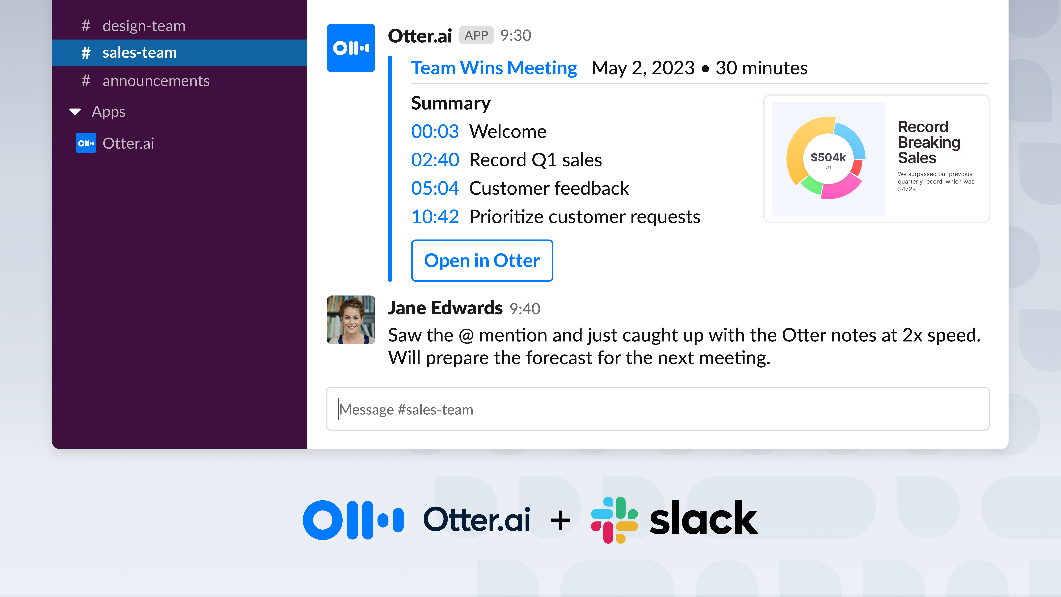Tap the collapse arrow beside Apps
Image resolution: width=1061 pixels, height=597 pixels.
[75, 112]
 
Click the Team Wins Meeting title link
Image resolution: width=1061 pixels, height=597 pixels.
[494, 68]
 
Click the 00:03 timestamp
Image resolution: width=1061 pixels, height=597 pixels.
[434, 131]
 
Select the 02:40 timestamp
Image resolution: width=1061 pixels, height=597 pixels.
[434, 160]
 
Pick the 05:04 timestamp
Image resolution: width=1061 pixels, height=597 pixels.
[434, 188]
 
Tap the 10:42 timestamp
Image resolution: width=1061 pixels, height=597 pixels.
[434, 217]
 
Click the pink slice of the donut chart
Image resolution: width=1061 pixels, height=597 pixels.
[840, 188]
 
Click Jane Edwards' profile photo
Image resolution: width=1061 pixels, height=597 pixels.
[351, 320]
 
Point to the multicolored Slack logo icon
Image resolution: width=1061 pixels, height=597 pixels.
[614, 520]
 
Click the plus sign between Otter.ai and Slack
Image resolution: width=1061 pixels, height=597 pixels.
[560, 520]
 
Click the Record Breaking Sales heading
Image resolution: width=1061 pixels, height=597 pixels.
[929, 142]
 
